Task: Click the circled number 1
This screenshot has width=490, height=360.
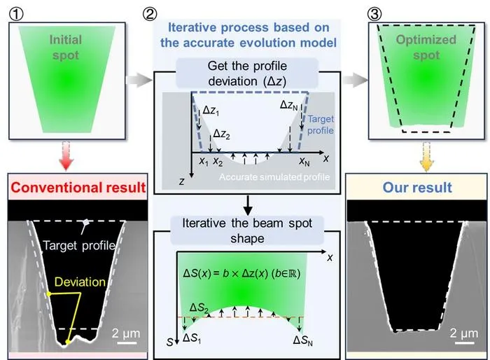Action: coord(16,15)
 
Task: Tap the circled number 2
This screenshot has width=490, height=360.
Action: coord(150,14)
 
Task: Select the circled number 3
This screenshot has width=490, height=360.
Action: coord(374,14)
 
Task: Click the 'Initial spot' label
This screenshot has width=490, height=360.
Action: coord(66,47)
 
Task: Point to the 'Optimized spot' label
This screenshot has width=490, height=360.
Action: coord(426,47)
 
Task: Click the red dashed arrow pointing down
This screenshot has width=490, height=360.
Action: coord(66,155)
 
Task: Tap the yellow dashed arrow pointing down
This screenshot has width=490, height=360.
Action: coord(426,156)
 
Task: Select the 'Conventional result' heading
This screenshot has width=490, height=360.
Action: coord(78,187)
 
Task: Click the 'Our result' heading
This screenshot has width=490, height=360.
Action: coord(417,187)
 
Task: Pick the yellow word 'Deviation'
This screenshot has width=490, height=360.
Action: coord(80,282)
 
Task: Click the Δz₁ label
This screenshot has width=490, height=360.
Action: coord(211,111)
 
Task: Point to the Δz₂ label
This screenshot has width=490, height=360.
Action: coord(222,134)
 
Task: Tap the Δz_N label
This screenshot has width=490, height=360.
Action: coord(288,105)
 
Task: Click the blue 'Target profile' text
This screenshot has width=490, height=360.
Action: coord(321,125)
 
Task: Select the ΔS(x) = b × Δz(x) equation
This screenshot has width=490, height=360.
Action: coord(241,273)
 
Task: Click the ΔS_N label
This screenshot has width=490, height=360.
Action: coord(303,340)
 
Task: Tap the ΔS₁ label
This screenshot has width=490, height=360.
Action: coord(192,338)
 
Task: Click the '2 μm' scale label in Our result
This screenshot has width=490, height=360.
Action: coord(463,333)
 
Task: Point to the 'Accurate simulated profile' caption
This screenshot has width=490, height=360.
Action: coord(274,177)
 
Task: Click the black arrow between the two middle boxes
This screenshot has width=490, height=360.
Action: coord(248,205)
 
